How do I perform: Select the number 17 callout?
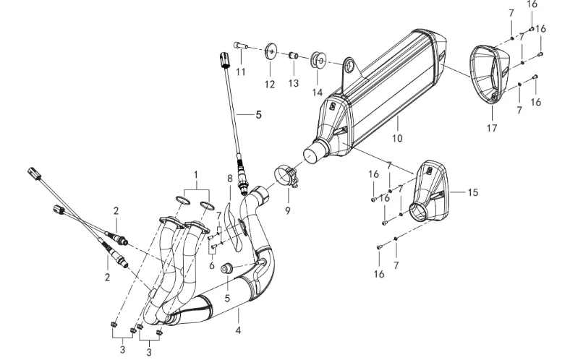492,129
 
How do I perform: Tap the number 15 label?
472,193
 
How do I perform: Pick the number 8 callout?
230,178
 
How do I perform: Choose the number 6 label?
213,266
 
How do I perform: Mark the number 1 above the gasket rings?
195,174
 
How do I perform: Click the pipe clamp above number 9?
287,177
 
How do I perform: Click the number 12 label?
270,85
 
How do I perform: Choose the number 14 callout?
317,93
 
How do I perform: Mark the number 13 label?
294,84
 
